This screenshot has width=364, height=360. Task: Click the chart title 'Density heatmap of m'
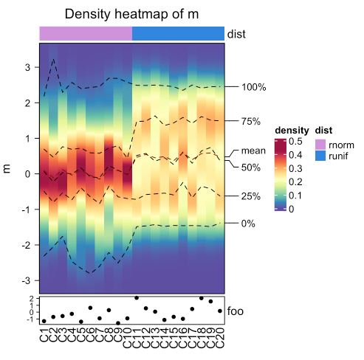click(131, 14)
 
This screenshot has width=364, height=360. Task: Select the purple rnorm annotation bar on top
click(86, 33)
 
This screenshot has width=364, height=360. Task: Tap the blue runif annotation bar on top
click(178, 33)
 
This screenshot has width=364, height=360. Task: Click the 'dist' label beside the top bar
click(236, 33)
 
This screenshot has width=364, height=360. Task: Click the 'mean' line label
click(253, 150)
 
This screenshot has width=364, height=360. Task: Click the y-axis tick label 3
click(29, 67)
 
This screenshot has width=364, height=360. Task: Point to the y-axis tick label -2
click(27, 245)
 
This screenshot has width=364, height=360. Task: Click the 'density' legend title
click(291, 131)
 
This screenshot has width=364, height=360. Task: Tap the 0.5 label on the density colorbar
click(295, 141)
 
